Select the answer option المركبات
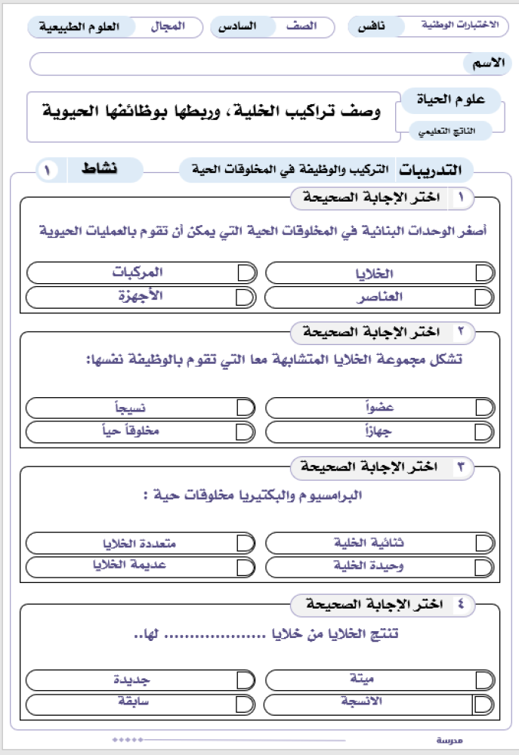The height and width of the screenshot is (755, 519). tap(138, 273)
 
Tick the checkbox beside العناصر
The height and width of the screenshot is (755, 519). tap(484, 297)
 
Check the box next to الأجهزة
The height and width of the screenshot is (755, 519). tap(245, 297)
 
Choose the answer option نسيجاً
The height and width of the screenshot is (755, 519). tap(138, 408)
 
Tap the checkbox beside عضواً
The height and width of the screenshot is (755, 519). tap(484, 408)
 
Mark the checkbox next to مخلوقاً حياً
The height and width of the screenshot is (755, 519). tap(245, 432)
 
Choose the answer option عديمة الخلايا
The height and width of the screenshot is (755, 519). tap(138, 566)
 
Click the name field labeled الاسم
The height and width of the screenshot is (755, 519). tap(257, 63)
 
